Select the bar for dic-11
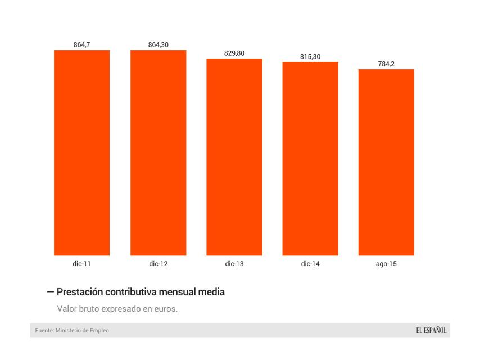point(82,152)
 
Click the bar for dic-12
point(158,152)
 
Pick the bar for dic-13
point(234,157)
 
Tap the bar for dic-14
point(310,159)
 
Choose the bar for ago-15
point(386,163)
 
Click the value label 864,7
point(82,44)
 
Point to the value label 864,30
point(158,44)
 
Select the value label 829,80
point(234,53)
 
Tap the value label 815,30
point(310,56)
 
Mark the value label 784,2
point(386,64)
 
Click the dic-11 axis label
point(82,263)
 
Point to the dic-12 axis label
point(158,263)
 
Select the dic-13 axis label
point(234,263)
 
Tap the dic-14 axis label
point(310,263)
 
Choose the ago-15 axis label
point(386,263)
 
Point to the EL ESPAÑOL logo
point(431,330)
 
